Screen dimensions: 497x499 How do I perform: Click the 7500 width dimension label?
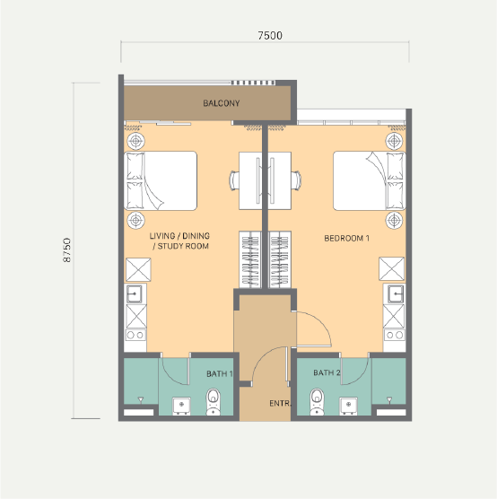click(270, 35)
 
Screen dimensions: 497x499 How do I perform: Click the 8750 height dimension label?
click(66, 250)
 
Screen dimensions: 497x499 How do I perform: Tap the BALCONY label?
click(221, 103)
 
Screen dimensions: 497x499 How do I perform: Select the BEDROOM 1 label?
click(346, 238)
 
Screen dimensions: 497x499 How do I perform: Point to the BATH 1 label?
click(220, 373)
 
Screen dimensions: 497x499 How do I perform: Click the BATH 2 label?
click(327, 372)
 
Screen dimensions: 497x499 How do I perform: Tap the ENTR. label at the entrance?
click(280, 404)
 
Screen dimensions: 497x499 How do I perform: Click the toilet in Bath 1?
click(214, 401)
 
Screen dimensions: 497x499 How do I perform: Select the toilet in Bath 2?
click(317, 401)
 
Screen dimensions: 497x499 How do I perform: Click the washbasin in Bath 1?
click(182, 406)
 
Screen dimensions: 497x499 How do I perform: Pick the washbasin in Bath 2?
click(348, 406)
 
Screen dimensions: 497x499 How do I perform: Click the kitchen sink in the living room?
click(135, 293)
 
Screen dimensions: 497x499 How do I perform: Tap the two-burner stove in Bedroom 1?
click(395, 335)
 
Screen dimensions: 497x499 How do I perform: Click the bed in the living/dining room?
click(161, 180)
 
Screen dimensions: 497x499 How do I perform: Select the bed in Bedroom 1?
click(370, 180)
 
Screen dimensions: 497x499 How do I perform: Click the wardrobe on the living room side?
click(250, 259)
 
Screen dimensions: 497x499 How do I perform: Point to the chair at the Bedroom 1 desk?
click(296, 180)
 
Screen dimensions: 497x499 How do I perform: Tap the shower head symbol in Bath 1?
click(140, 399)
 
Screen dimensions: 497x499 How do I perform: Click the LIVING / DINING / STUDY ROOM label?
click(179, 241)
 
